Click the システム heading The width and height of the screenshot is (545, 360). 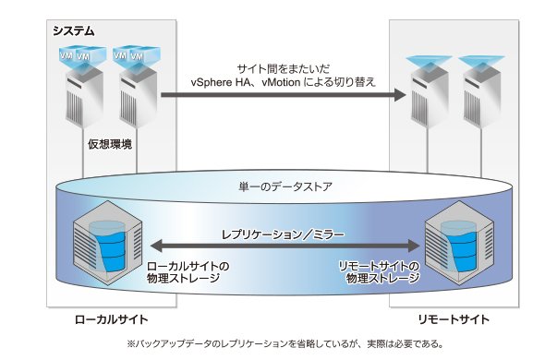74,31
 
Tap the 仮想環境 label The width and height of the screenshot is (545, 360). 110,144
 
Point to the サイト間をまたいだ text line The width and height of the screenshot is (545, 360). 284,69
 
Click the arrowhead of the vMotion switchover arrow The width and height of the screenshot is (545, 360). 400,94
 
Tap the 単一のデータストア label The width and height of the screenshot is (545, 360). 285,187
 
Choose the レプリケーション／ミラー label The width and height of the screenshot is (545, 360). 283,234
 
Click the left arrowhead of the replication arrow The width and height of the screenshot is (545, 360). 157,246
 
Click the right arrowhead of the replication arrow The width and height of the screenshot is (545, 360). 414,246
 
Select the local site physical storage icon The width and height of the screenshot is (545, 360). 108,244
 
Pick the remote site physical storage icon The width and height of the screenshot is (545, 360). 459,244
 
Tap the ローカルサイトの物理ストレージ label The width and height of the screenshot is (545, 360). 188,272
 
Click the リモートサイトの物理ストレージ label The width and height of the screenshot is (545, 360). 380,272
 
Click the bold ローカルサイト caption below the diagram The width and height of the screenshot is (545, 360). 111,319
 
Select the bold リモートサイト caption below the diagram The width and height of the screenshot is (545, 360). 454,319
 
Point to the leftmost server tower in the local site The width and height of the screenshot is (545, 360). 84,99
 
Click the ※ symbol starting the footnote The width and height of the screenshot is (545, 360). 130,344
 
